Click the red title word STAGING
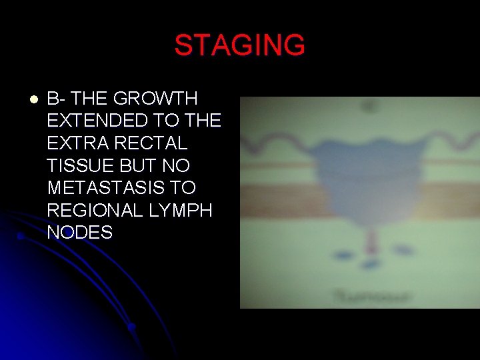pyautogui.click(x=239, y=45)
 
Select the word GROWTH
pyautogui.click(x=156, y=99)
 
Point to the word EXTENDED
pyautogui.click(x=97, y=121)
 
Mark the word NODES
pyautogui.click(x=80, y=233)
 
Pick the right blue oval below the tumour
pyautogui.click(x=402, y=250)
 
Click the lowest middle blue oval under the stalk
pyautogui.click(x=369, y=261)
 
